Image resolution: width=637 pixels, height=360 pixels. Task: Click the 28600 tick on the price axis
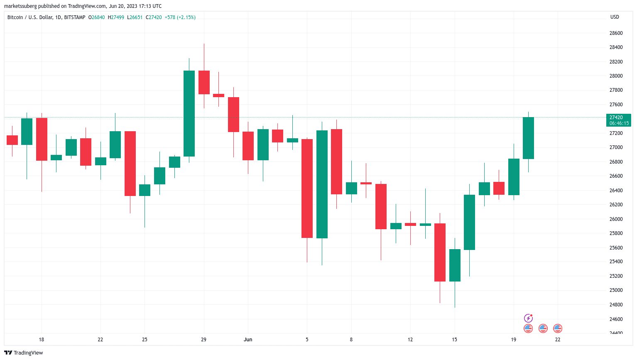pyautogui.click(x=616, y=33)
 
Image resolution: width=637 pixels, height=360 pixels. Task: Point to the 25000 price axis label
pyautogui.click(x=616, y=290)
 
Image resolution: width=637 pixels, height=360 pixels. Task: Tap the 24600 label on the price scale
pyautogui.click(x=616, y=319)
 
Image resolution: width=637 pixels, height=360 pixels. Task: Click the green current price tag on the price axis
pyautogui.click(x=619, y=120)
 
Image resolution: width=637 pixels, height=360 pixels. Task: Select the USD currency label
pyautogui.click(x=615, y=17)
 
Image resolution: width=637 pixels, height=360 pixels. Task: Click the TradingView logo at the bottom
pyautogui.click(x=24, y=353)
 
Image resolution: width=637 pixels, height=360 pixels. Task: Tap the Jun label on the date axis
pyautogui.click(x=248, y=340)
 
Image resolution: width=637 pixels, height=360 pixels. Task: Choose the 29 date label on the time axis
pyautogui.click(x=203, y=340)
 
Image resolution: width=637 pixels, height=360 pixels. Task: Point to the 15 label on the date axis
pyautogui.click(x=455, y=340)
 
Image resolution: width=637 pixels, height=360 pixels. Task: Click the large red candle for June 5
pyautogui.click(x=307, y=189)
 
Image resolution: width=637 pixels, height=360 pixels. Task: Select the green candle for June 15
pyautogui.click(x=455, y=265)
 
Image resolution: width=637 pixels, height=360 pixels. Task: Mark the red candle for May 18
pyautogui.click(x=42, y=139)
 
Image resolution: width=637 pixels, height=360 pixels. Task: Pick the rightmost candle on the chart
pyautogui.click(x=528, y=138)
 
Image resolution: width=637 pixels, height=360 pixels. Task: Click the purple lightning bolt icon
pyautogui.click(x=528, y=318)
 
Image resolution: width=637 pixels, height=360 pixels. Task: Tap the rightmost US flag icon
pyautogui.click(x=558, y=328)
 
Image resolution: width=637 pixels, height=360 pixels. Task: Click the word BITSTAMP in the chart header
pyautogui.click(x=75, y=17)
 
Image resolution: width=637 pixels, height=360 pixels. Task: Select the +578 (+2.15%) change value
pyautogui.click(x=180, y=17)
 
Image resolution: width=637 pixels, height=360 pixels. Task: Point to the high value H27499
pyautogui.click(x=116, y=17)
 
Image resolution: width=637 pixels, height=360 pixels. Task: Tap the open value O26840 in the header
pyautogui.click(x=96, y=17)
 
